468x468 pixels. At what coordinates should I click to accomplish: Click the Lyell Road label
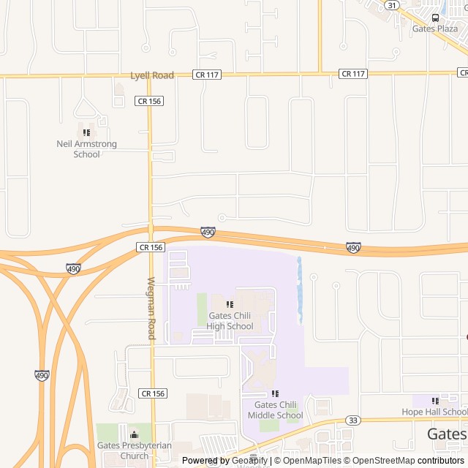(x=152, y=75)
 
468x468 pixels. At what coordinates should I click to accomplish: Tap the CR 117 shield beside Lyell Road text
(x=204, y=75)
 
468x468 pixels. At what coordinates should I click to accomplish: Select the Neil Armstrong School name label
(x=87, y=149)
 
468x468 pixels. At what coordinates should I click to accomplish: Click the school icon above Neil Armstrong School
(x=86, y=132)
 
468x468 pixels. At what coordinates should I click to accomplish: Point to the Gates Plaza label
(x=435, y=29)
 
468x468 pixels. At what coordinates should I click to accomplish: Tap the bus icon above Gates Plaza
(x=435, y=18)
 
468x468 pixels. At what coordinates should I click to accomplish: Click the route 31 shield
(x=393, y=5)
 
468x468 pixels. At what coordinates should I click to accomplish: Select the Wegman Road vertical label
(x=151, y=308)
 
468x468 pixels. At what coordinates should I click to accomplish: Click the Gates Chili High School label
(x=230, y=321)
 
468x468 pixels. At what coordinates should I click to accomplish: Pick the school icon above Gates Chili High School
(x=230, y=304)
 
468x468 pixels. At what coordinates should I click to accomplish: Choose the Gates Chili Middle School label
(x=275, y=410)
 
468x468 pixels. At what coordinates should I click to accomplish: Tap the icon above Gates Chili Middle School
(x=275, y=393)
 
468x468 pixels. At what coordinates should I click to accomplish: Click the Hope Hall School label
(x=434, y=412)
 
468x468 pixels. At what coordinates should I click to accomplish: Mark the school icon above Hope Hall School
(x=435, y=401)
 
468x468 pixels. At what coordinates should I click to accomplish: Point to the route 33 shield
(x=354, y=420)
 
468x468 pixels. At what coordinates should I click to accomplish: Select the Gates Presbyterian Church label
(x=135, y=450)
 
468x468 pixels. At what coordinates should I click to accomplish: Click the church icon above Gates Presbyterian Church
(x=134, y=434)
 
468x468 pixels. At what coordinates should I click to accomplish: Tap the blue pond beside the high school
(x=300, y=290)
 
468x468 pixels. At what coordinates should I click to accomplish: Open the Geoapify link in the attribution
(x=249, y=461)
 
